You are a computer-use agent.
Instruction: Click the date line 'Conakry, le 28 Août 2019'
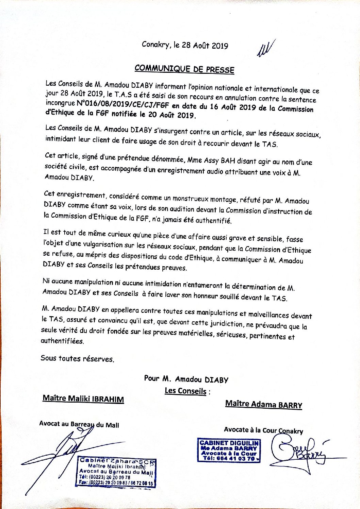click(x=185, y=45)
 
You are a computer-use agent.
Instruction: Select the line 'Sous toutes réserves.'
click(x=77, y=358)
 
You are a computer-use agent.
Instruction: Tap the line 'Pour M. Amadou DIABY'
click(x=186, y=379)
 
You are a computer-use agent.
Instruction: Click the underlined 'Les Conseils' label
click(x=185, y=391)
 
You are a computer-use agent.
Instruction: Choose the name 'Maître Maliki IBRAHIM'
click(x=83, y=399)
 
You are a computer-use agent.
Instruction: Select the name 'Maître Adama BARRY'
click(x=264, y=404)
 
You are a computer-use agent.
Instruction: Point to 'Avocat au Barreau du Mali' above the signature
click(x=79, y=424)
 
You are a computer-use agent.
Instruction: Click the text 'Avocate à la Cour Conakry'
click(x=263, y=430)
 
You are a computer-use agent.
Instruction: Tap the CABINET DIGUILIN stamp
click(x=229, y=450)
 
